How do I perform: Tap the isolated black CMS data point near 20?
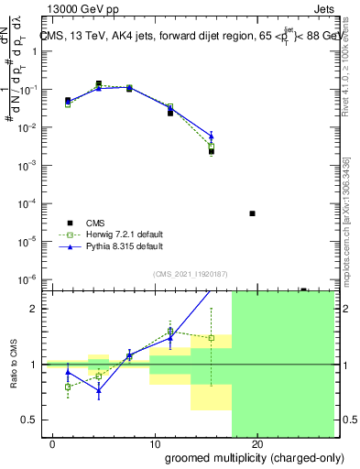pos(252,213)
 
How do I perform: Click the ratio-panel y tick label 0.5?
pos(30,420)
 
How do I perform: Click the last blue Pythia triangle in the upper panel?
pos(212,136)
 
